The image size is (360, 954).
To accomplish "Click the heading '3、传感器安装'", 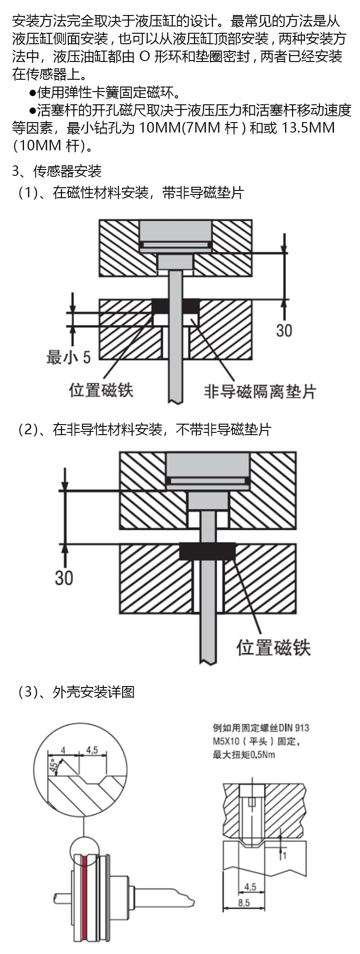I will click(57, 171).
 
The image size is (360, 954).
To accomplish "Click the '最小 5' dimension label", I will click(68, 357).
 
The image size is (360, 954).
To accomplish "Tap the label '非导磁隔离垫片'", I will click(260, 391).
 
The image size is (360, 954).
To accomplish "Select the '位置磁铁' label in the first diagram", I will click(101, 390).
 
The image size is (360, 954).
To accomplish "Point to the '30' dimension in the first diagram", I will click(284, 330).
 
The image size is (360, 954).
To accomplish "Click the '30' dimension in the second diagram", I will click(64, 578).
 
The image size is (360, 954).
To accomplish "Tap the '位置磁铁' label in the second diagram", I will click(273, 647).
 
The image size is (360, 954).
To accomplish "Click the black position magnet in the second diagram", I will click(207, 551).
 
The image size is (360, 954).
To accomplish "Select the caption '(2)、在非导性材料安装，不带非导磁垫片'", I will click(144, 429).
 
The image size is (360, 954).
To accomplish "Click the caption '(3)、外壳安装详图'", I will click(76, 692).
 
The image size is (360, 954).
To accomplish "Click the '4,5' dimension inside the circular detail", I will click(92, 750).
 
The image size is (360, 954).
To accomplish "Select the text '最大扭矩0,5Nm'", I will click(244, 755).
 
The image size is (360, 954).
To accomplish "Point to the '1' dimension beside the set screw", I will click(285, 856).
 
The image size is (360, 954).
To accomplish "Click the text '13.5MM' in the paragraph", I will click(308, 128).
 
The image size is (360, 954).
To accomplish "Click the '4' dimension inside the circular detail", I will click(63, 750).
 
